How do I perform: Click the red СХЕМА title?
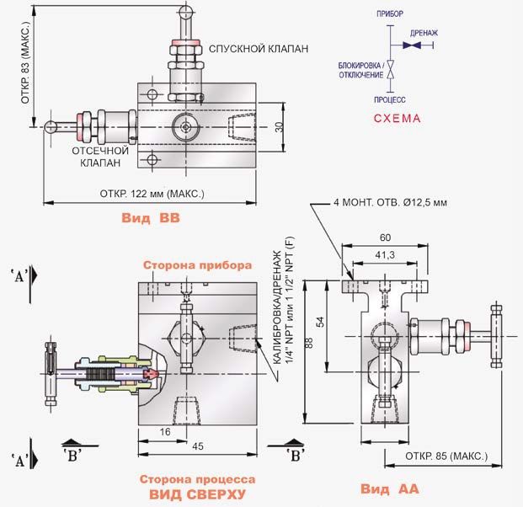click(x=397, y=119)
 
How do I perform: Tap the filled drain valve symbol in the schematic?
click(x=412, y=45)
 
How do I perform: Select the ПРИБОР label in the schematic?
click(x=390, y=14)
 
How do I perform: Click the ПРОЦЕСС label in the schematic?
click(x=390, y=99)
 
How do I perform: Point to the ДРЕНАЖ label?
click(x=424, y=33)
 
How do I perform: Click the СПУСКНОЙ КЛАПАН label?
click(x=259, y=49)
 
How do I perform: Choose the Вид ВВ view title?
click(x=151, y=218)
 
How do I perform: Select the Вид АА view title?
click(x=389, y=489)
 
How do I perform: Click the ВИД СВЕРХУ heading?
click(x=197, y=494)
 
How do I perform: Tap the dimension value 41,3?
click(x=385, y=255)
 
